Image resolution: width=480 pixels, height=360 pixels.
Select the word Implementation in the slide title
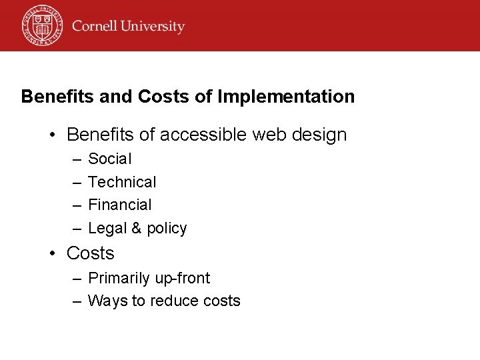pos(286,97)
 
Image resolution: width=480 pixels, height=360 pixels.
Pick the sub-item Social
pos(110,159)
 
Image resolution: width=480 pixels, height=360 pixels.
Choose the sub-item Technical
pos(122,182)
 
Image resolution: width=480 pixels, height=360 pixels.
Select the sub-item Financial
pos(120,205)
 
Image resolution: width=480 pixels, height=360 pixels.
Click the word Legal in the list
pos(107,228)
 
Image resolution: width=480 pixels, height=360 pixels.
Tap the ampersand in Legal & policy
pos(136,228)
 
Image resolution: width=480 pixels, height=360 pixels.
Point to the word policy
pos(167,229)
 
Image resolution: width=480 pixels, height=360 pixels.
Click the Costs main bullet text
pos(91,253)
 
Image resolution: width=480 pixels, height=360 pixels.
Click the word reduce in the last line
pos(175,301)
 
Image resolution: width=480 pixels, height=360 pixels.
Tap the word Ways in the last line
pos(108,301)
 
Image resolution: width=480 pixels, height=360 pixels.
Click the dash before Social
pos(77,159)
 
